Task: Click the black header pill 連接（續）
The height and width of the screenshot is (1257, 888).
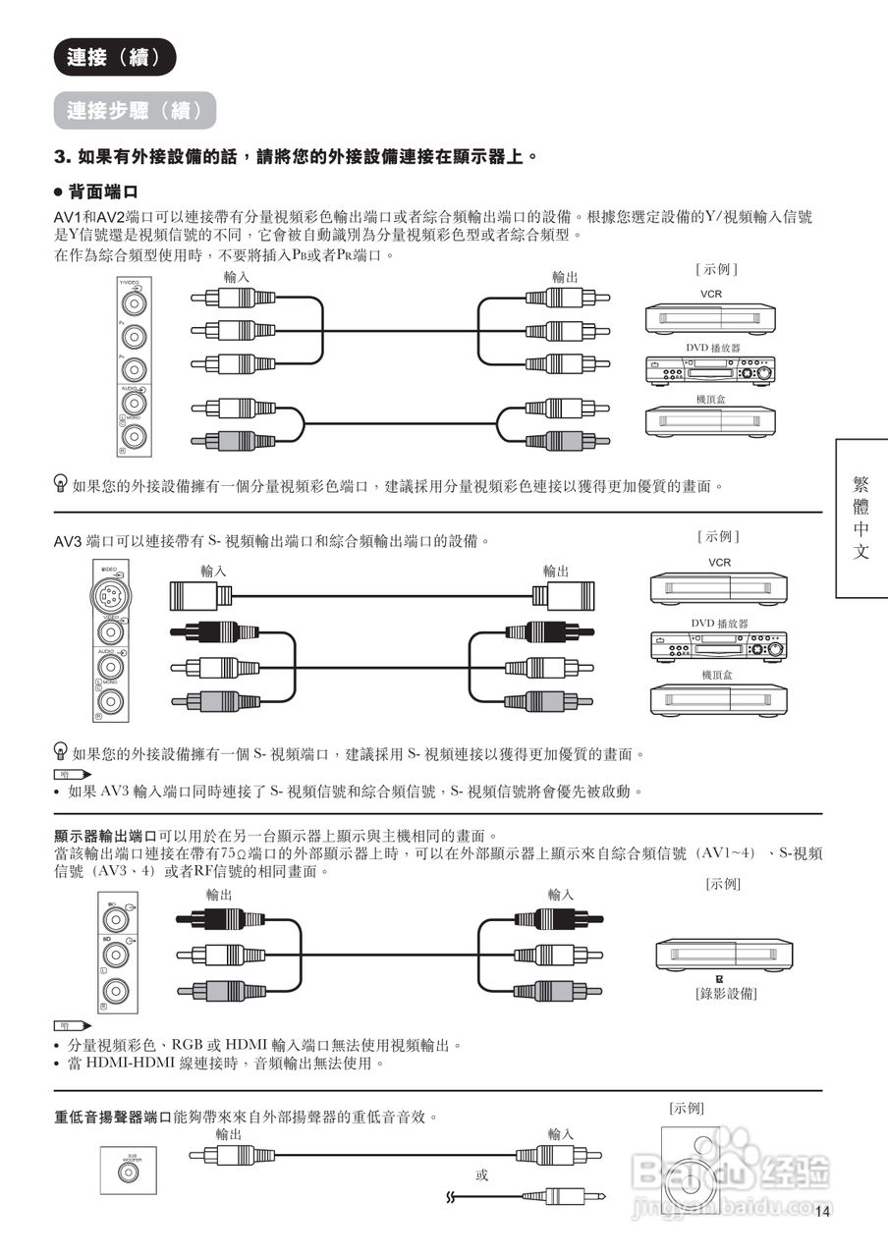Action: click(115, 58)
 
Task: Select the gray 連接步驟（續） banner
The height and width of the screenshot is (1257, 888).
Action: click(135, 111)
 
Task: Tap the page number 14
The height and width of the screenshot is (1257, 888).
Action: click(823, 1211)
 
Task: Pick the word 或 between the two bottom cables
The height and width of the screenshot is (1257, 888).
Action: click(481, 1175)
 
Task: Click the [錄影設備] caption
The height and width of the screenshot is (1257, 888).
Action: click(726, 993)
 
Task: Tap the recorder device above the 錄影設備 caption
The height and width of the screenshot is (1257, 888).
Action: click(724, 954)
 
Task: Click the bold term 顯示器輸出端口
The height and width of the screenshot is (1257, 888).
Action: click(105, 835)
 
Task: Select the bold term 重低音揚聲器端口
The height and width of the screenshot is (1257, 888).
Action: click(113, 1118)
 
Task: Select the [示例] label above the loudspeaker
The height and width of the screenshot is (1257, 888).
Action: click(687, 1107)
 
